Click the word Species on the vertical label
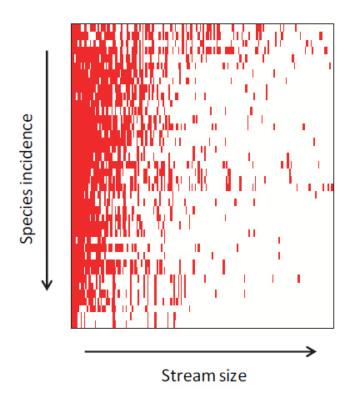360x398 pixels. pyautogui.click(x=27, y=212)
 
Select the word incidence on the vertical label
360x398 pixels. pyautogui.click(x=27, y=147)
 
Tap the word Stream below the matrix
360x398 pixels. pyautogui.click(x=188, y=375)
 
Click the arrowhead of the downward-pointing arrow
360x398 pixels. pyautogui.click(x=47, y=285)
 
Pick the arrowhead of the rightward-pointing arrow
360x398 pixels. pyautogui.click(x=311, y=352)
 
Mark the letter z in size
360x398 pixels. pyautogui.click(x=231, y=378)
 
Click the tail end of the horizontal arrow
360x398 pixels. pyautogui.click(x=85, y=352)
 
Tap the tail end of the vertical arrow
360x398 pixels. pyautogui.click(x=47, y=51)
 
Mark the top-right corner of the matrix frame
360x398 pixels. pyautogui.click(x=333, y=24)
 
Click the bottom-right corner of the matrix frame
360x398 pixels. pyautogui.click(x=333, y=328)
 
